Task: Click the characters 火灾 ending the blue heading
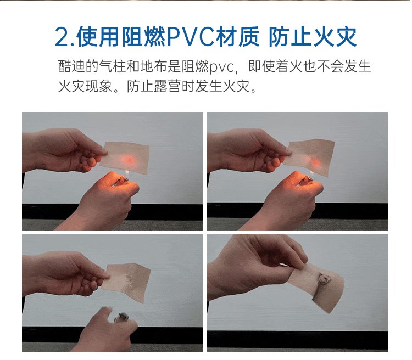click(x=335, y=37)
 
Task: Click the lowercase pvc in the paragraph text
click(x=221, y=67)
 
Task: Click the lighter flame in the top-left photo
click(x=127, y=172)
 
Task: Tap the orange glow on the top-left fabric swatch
click(x=128, y=159)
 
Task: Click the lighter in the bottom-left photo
click(x=121, y=317)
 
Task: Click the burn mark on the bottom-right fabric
click(x=325, y=279)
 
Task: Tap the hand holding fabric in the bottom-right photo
click(x=255, y=265)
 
